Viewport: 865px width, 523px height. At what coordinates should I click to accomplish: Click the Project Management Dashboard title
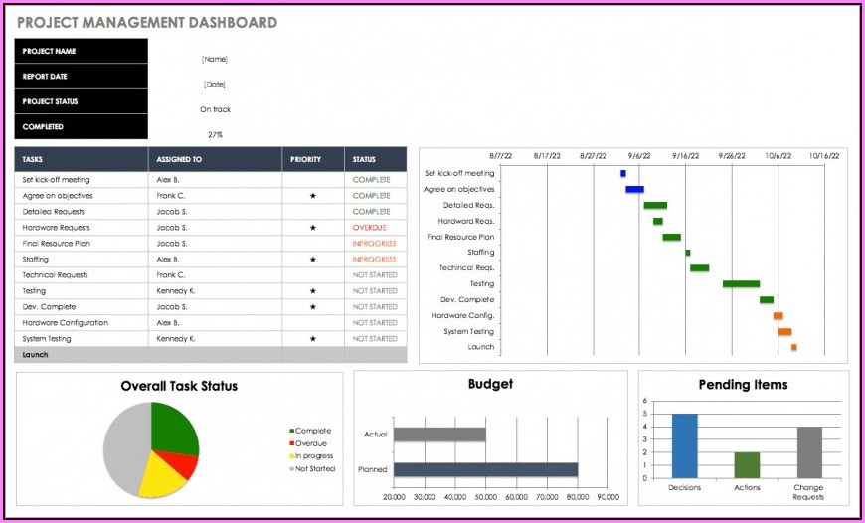click(147, 22)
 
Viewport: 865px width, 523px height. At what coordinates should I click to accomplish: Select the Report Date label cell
click(81, 76)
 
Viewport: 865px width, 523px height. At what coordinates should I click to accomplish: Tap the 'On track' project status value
click(215, 109)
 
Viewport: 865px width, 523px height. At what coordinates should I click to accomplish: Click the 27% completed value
click(215, 134)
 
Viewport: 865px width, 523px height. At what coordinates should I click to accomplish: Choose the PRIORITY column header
click(305, 159)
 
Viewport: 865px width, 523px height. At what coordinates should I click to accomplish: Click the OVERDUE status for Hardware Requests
click(369, 228)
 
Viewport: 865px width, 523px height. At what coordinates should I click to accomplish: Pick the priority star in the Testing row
click(313, 291)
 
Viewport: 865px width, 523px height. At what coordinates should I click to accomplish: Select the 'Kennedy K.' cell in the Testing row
click(177, 291)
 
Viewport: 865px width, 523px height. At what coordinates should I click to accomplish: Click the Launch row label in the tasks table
click(36, 355)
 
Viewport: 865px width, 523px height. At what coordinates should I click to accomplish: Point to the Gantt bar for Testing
click(741, 284)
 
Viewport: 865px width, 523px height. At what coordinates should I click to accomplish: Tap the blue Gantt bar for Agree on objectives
click(634, 189)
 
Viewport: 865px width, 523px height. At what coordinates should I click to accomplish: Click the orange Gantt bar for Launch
click(793, 347)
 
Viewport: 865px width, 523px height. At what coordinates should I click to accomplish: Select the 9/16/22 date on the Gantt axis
click(685, 156)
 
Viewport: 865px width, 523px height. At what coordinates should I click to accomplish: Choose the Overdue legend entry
click(309, 443)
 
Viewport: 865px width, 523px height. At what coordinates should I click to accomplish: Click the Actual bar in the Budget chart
click(439, 435)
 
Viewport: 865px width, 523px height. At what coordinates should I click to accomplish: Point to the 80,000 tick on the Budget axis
click(578, 497)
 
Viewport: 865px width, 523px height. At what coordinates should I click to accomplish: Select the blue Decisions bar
click(684, 445)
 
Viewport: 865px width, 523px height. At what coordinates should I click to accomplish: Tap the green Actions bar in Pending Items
click(747, 465)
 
